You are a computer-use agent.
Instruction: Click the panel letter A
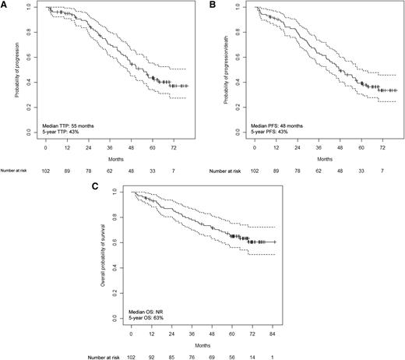(4, 5)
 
